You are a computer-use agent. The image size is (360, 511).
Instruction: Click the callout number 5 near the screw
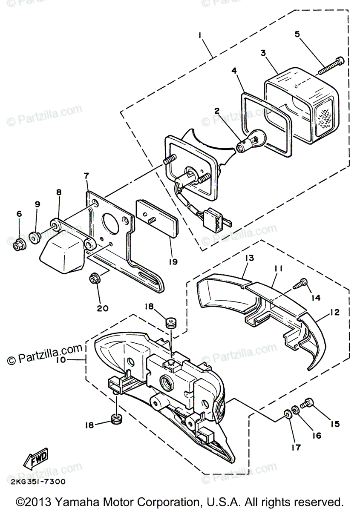coord(297,34)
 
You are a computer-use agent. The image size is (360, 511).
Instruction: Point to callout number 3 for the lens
coord(263,53)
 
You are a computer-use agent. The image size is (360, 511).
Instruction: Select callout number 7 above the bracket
coord(86,175)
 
